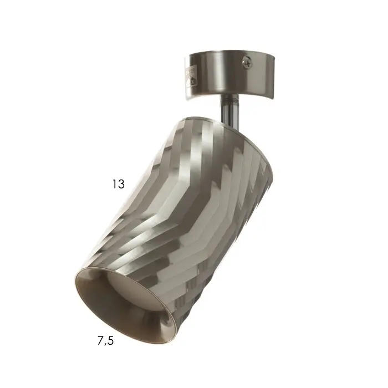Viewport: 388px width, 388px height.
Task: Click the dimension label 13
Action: point(118,183)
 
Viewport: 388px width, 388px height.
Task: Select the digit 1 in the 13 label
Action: point(114,183)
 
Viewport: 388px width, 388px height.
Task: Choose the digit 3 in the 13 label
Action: point(121,183)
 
